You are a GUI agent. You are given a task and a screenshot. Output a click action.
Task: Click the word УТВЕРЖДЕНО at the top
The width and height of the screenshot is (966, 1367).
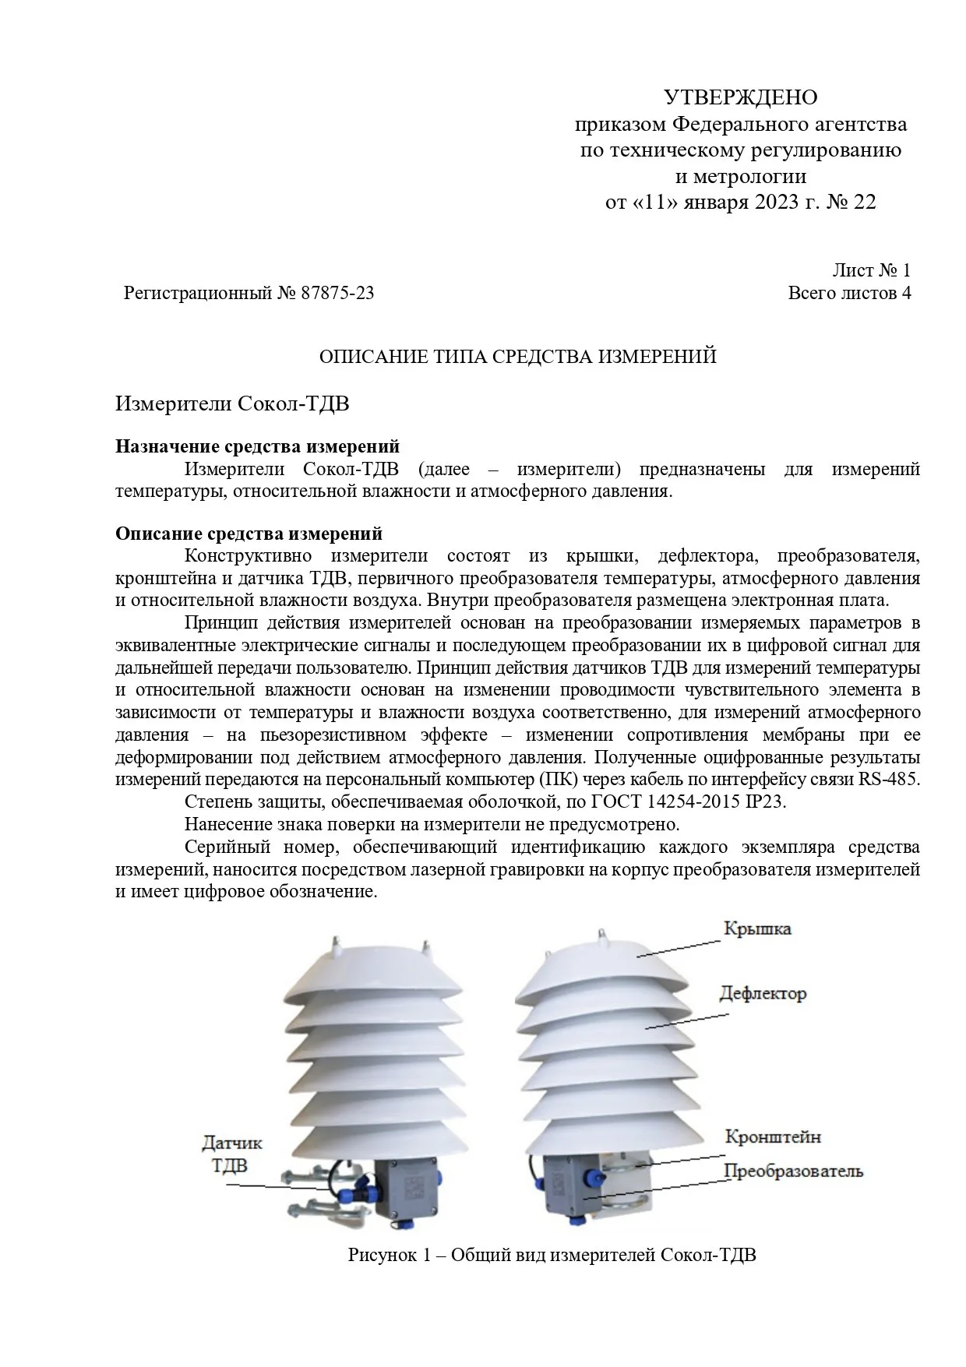[x=740, y=97]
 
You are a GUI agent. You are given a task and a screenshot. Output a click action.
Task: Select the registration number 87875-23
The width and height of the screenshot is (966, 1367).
[x=337, y=294]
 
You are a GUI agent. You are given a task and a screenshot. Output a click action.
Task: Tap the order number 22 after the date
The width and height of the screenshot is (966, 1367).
[x=864, y=203]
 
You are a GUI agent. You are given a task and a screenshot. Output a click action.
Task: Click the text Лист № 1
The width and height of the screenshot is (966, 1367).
[x=871, y=271]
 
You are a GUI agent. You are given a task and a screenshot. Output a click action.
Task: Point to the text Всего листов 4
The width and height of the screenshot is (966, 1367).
[x=849, y=294]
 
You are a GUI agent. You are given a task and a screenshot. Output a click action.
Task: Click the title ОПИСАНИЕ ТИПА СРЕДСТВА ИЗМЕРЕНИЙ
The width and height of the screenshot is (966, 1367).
[x=518, y=357]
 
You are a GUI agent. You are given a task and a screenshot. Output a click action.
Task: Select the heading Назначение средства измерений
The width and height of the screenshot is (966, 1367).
[x=257, y=446]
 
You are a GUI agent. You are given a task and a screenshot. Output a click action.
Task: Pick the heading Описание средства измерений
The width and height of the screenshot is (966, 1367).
[x=249, y=534]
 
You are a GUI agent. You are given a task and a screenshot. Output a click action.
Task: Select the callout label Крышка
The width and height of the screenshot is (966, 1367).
[x=757, y=929]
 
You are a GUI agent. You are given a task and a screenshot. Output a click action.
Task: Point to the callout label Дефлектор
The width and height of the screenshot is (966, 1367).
[x=763, y=994]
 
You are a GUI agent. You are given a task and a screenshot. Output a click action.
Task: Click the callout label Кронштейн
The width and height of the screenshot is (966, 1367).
[x=773, y=1137]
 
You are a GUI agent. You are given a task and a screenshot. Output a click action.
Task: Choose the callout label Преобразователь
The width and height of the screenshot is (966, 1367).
[x=793, y=1171]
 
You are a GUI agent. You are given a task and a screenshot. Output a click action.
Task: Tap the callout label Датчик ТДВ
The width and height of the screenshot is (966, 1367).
[x=231, y=1154]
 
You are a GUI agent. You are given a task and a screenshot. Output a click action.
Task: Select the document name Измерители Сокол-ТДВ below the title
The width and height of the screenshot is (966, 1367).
[x=232, y=403]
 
